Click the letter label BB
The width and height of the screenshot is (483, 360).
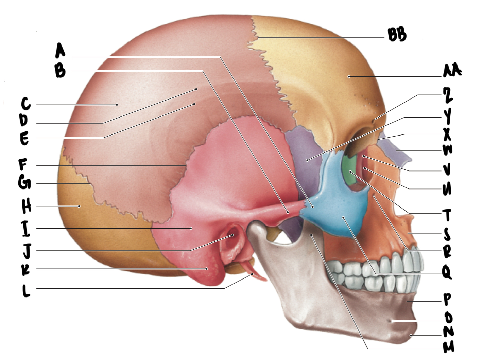coord(397,34)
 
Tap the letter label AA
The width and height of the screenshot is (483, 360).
coord(452,71)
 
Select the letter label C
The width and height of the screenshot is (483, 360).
coord(25,104)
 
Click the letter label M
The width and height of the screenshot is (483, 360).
coord(448,347)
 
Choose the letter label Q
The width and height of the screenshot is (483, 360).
coord(446,272)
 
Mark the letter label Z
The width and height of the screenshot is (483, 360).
coord(447,95)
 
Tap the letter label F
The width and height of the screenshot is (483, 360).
coord(23,165)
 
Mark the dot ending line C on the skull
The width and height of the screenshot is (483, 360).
coord(117,105)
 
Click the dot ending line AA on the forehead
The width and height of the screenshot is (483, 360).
coord(349,77)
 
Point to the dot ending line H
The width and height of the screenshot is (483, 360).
coord(79,206)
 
